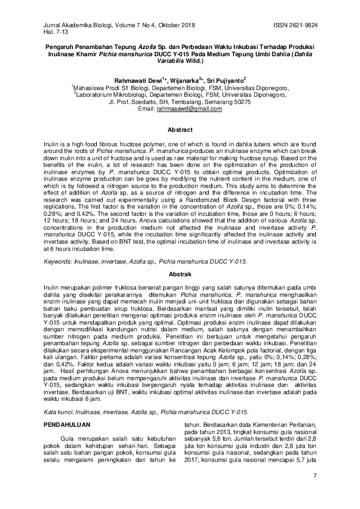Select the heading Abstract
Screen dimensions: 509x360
pyautogui.click(x=180, y=130)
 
